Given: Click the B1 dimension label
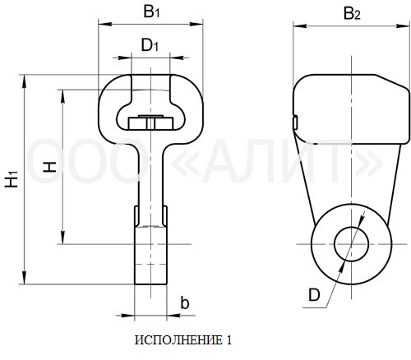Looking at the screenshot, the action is (151, 12).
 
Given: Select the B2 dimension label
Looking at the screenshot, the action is (352, 13).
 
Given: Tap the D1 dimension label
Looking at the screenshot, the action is (150, 45).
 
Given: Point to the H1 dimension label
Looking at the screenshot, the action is (12, 179).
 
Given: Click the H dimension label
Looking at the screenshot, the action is (50, 167).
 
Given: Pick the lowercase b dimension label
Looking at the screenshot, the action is (185, 302).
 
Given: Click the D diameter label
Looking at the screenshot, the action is (314, 295).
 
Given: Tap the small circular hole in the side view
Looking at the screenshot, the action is (352, 243).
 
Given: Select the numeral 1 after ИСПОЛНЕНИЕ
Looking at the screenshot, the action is (229, 340).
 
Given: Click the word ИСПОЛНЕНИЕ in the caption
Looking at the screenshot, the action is (178, 340).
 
